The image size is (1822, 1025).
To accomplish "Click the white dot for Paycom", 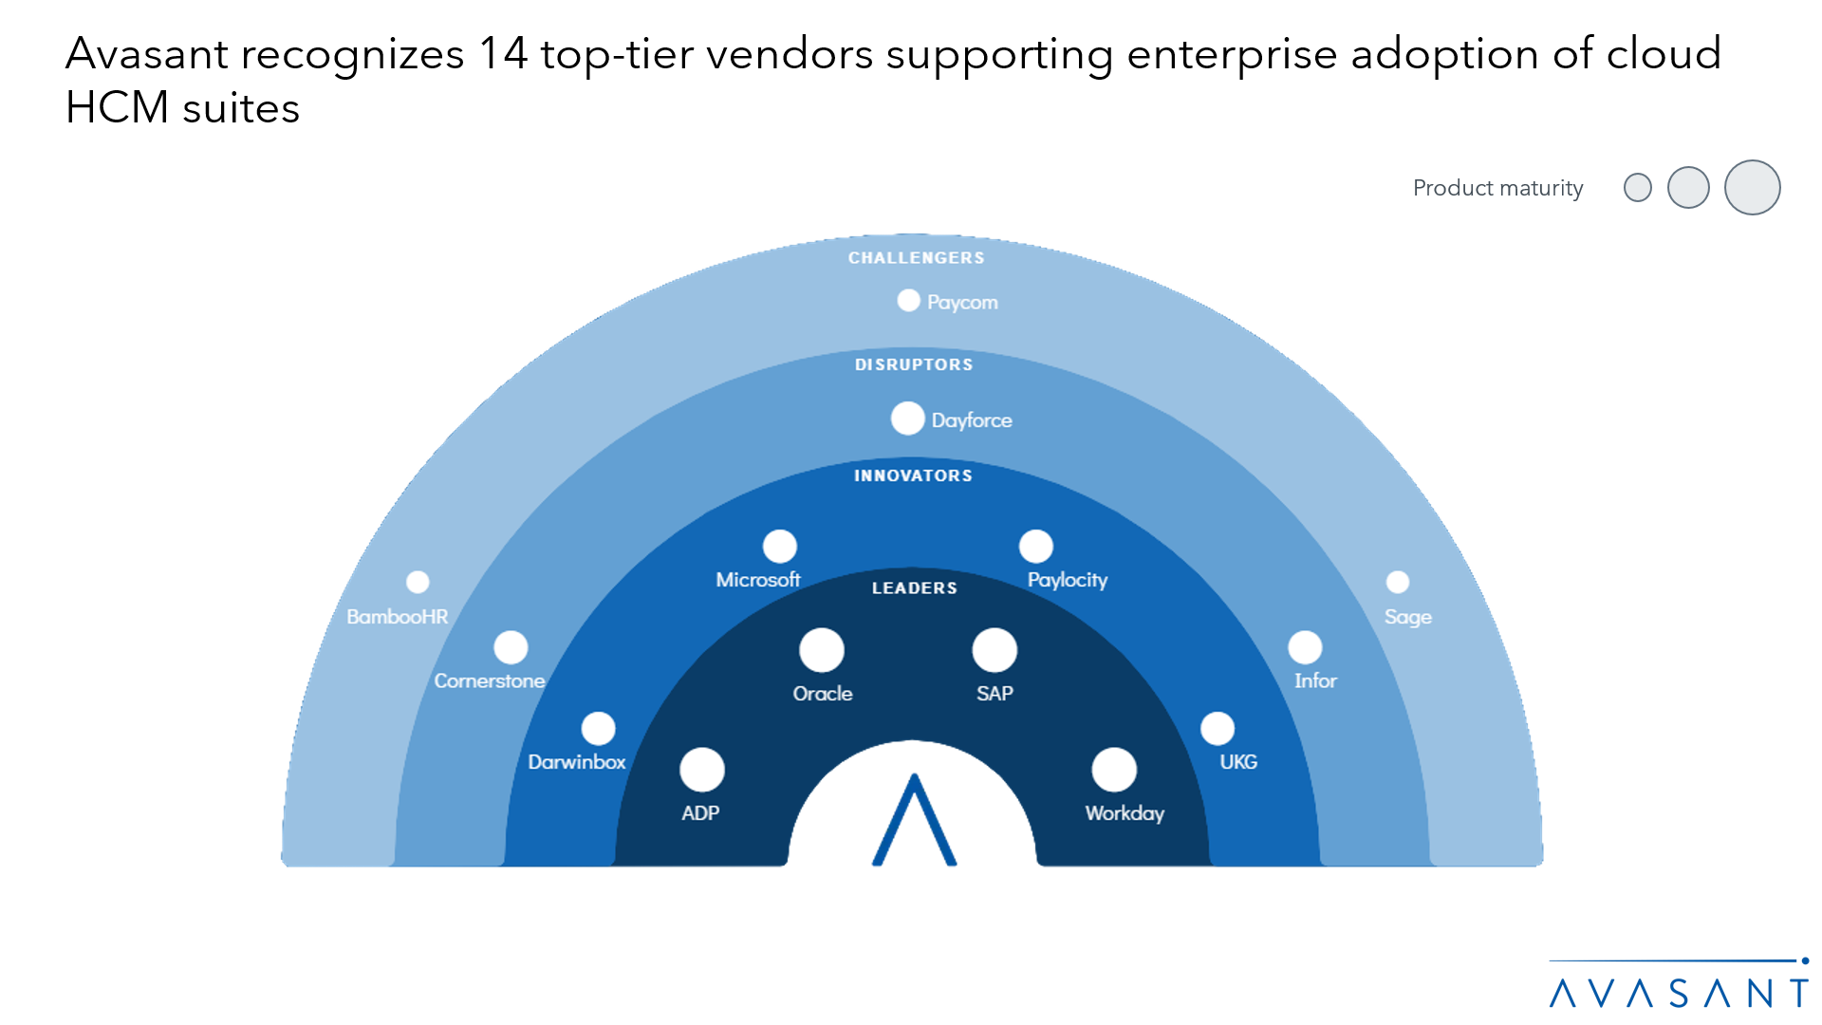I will tap(908, 301).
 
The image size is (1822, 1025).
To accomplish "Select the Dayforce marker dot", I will tap(907, 419).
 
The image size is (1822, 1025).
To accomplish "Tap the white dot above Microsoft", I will tap(780, 547).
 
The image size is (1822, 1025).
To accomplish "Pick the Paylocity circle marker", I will tap(1035, 547).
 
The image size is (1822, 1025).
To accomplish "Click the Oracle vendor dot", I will tap(822, 650).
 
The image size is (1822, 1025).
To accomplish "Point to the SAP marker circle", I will tap(995, 650).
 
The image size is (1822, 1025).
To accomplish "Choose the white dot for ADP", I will tap(702, 770).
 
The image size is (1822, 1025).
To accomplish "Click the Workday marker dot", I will tap(1114, 770).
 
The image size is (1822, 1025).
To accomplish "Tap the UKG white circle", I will tap(1218, 729).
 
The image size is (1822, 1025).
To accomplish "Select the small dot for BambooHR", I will tap(418, 582).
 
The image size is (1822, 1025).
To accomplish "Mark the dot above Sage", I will tap(1398, 582).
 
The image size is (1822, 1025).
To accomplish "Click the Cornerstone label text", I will tap(490, 681).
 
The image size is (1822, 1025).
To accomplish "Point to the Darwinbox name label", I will tap(577, 762).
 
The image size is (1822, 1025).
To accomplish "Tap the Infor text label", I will tap(1315, 681).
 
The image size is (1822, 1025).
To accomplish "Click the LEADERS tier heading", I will tap(915, 588).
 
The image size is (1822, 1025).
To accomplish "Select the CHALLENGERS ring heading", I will tap(917, 258).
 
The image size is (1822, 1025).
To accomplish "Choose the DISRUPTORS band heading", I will tap(914, 365).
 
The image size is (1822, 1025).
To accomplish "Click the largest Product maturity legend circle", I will tap(1752, 188).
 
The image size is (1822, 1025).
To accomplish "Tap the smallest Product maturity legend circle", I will tap(1638, 188).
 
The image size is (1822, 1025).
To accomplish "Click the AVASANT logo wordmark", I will tap(1678, 993).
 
